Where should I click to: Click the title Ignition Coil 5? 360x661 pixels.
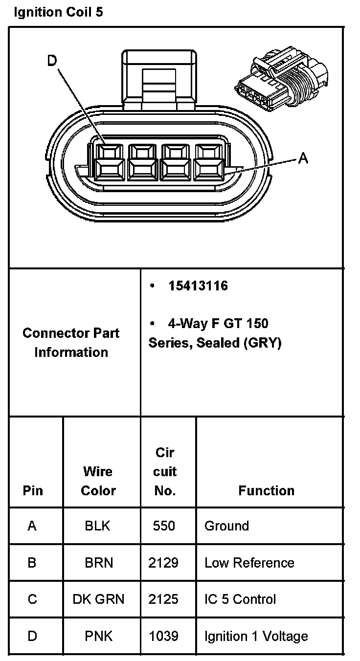(x=58, y=12)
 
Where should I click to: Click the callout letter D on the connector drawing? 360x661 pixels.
(x=52, y=61)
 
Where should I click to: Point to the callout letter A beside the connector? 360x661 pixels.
(x=303, y=158)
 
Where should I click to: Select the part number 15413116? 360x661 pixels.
(x=198, y=286)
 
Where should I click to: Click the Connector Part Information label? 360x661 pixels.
(x=71, y=342)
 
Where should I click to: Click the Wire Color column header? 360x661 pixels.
(x=98, y=481)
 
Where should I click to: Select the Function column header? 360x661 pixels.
(x=266, y=490)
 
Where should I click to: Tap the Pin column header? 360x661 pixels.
(x=33, y=490)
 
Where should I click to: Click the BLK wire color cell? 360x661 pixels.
(x=98, y=526)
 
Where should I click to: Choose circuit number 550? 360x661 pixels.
(x=164, y=526)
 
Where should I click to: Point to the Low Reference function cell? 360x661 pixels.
(x=249, y=563)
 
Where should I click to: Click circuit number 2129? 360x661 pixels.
(x=164, y=563)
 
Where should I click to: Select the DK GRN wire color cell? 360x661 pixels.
(x=98, y=599)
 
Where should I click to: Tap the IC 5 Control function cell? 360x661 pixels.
(x=240, y=599)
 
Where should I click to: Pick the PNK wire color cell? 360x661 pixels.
(x=98, y=636)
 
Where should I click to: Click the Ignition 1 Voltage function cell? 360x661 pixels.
(x=256, y=636)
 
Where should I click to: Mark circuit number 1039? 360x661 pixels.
(x=164, y=636)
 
